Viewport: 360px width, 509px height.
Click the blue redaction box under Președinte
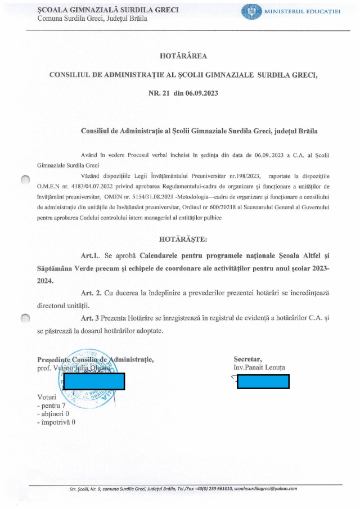coord(94,381)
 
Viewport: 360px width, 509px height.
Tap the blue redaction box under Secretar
coord(263,381)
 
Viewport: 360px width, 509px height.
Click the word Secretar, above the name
coord(247,359)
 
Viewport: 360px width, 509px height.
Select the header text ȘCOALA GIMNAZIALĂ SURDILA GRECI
coord(92,10)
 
